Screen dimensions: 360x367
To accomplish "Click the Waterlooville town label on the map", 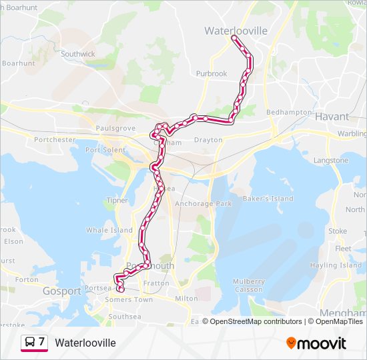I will tap(236, 31).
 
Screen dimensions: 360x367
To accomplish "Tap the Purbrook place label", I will tap(212, 74).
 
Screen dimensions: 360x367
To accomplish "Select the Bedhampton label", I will tap(289, 113).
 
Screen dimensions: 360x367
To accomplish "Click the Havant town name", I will tap(332, 117).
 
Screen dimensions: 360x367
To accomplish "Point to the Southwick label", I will tap(79, 53).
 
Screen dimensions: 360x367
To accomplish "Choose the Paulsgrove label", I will tap(115, 128).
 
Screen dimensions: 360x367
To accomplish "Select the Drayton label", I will tap(208, 140).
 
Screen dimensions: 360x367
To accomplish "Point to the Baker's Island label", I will tap(268, 199).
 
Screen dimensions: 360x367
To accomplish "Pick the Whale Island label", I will tap(109, 230).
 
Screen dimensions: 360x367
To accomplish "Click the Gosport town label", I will tap(62, 291).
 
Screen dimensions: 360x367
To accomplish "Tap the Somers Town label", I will tap(129, 299).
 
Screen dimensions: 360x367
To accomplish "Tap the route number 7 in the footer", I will tap(42, 342).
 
